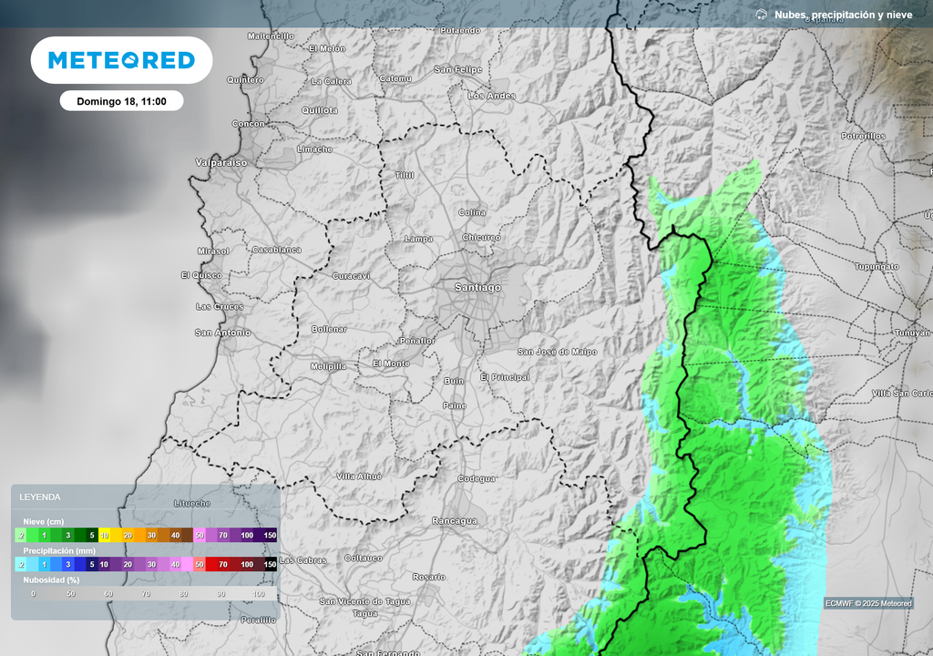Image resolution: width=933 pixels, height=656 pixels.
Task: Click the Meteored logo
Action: coord(121,60)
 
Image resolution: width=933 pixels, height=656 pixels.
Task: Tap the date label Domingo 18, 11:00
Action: coord(121,101)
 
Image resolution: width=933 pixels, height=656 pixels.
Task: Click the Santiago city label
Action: coord(477,288)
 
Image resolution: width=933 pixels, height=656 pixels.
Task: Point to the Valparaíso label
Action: coord(221,163)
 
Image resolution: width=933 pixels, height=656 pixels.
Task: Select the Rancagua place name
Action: coord(455,521)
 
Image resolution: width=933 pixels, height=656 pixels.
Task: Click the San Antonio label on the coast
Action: coord(222,333)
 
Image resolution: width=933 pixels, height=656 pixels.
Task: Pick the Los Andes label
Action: coord(491,96)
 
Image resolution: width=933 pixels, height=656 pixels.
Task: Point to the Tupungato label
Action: coord(876,267)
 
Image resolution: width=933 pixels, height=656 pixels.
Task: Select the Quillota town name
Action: coord(320,110)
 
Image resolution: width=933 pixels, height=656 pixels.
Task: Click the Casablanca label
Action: coord(276,250)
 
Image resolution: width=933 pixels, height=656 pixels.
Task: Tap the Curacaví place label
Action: coord(351,275)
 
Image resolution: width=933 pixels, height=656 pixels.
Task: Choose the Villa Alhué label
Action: coord(359,477)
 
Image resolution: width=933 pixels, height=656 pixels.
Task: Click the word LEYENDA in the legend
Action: coord(41,497)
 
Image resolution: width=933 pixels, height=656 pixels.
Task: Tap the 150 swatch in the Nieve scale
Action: coord(270,536)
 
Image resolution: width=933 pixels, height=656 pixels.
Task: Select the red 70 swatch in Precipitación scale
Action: coord(223,565)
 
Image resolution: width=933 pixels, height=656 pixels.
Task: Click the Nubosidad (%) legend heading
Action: coord(51,579)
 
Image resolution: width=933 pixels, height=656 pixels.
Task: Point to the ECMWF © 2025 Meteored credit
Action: coord(867,603)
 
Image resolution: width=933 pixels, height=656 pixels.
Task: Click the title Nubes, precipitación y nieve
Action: coord(842,15)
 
